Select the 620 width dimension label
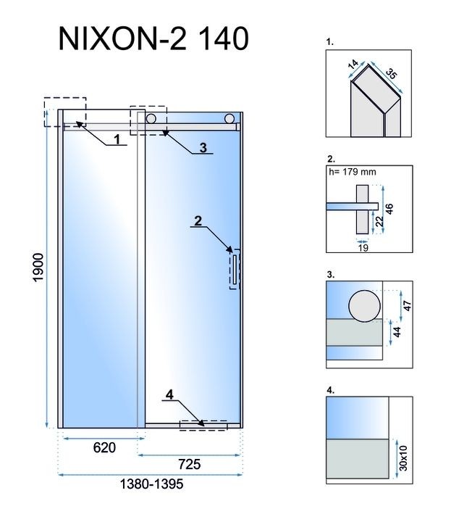(104, 448)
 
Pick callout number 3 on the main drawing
(203, 147)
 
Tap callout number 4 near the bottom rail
(169, 395)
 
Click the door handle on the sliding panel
(235, 269)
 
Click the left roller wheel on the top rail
(151, 118)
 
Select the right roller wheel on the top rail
(229, 118)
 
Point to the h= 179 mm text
(353, 172)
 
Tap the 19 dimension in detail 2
(363, 248)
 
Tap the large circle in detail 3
(363, 306)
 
